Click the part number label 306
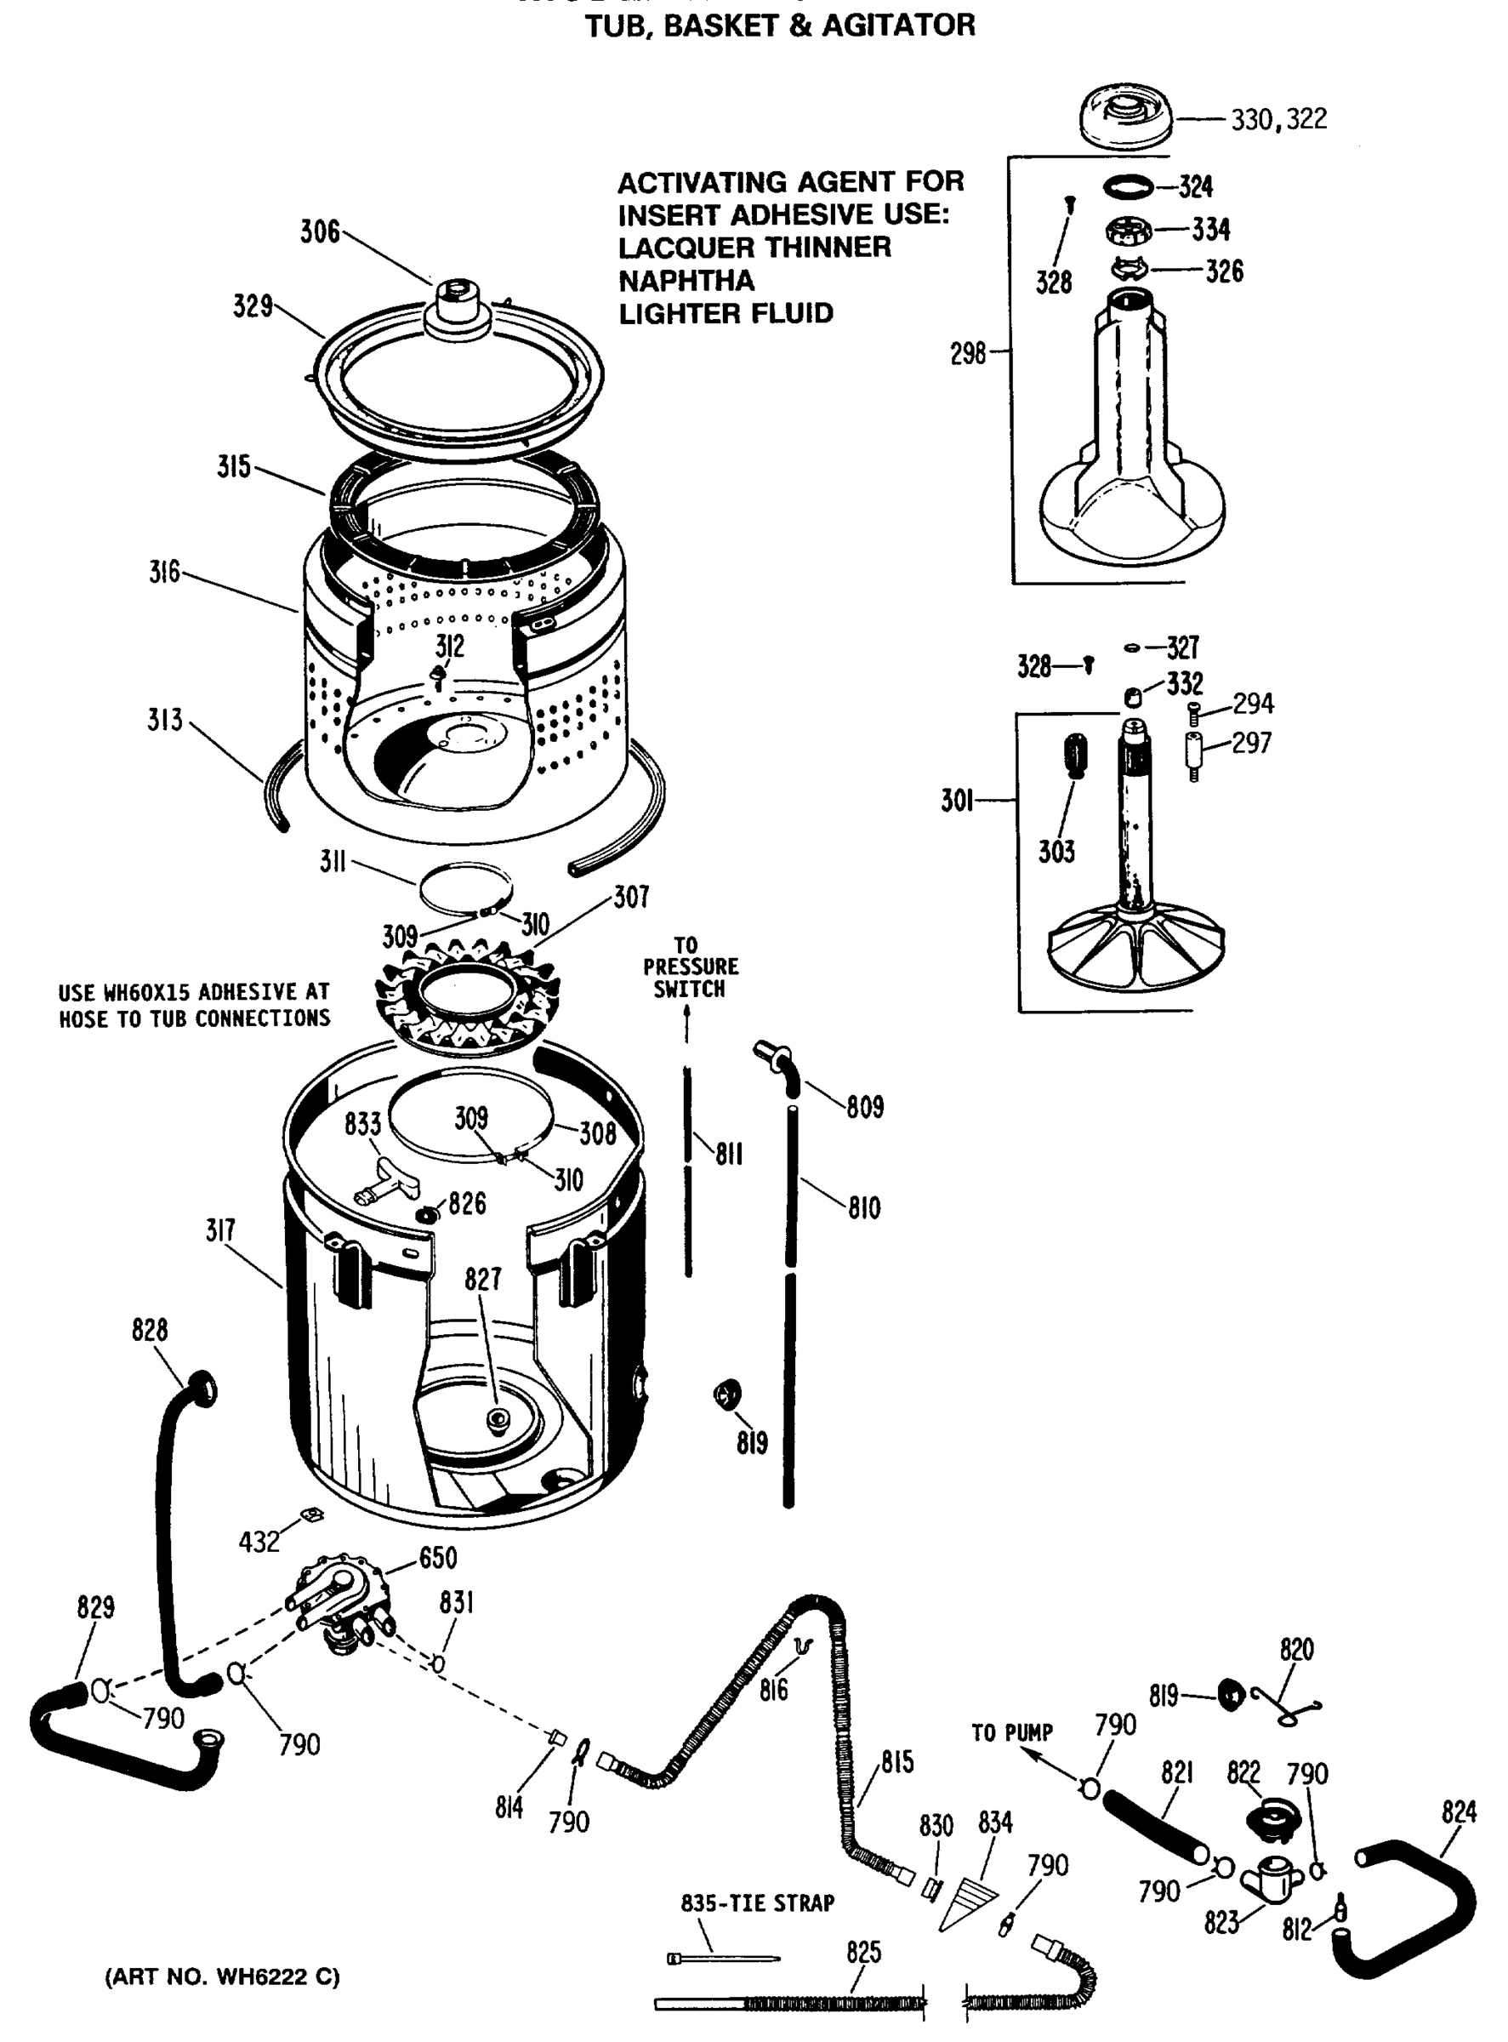pyautogui.click(x=320, y=232)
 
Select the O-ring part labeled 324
pyautogui.click(x=1129, y=187)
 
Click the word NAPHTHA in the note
pyautogui.click(x=686, y=281)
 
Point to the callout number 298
pyautogui.click(x=968, y=353)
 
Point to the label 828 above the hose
pyautogui.click(x=150, y=1330)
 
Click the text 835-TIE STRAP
pyautogui.click(x=757, y=1902)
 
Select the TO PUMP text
pyautogui.click(x=1011, y=1732)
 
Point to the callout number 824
pyautogui.click(x=1459, y=1811)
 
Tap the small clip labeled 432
pyautogui.click(x=312, y=1515)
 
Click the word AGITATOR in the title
pyautogui.click(x=898, y=26)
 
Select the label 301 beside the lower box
pyautogui.click(x=957, y=801)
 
